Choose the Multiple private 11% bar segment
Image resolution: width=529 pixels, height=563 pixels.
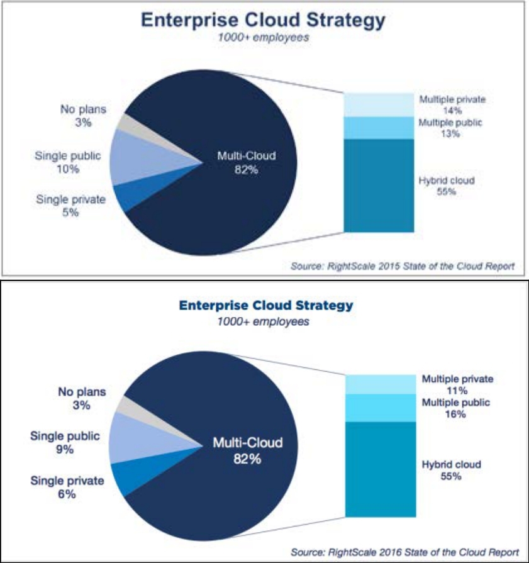381,384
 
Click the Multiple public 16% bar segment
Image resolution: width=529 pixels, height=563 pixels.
381,408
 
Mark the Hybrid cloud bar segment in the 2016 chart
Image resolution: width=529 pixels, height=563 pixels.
381,469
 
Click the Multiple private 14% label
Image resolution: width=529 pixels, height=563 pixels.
449,104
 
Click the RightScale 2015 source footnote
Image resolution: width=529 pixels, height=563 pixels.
403,266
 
